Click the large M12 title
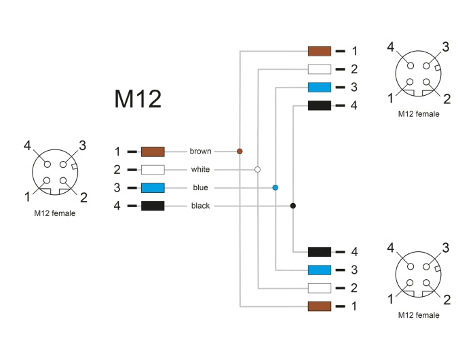[x=138, y=99]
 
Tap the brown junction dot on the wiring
[x=240, y=151]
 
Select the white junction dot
[x=257, y=169]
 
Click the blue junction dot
[x=275, y=187]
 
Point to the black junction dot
[x=292, y=206]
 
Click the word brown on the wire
[x=200, y=151]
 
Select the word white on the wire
[x=200, y=169]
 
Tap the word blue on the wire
[x=200, y=187]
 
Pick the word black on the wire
[x=200, y=206]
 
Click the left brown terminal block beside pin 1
[x=153, y=151]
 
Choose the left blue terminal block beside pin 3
[x=153, y=187]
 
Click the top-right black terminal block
[x=319, y=105]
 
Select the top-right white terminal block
[x=319, y=69]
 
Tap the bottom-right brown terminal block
[x=319, y=306]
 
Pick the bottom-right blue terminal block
[x=319, y=270]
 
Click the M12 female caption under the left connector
[x=55, y=213]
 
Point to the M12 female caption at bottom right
[x=419, y=315]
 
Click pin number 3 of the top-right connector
[x=446, y=47]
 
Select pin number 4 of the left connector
[x=27, y=145]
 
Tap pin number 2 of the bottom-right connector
[x=446, y=299]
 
